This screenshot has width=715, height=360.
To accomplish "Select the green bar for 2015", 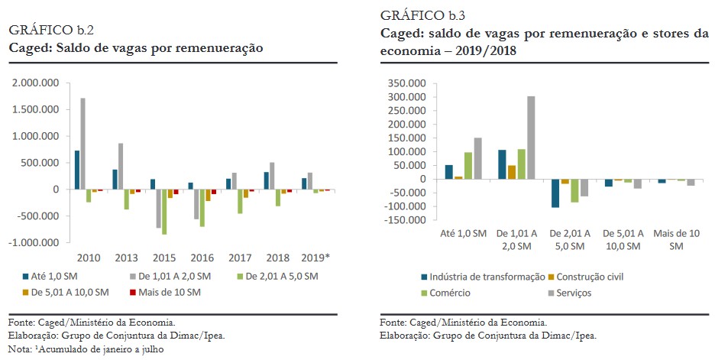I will pos(164,212).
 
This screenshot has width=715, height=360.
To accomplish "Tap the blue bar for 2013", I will pos(115,180).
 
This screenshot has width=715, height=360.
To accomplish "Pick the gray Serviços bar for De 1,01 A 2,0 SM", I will pos(531,138).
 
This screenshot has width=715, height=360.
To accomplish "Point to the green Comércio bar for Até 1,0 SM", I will pos(468,166).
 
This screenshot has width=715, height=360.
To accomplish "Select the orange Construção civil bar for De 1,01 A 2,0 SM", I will pos(513,172).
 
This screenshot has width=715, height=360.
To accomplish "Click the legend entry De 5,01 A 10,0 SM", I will pos(67,292).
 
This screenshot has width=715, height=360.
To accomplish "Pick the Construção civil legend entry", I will pos(594,277).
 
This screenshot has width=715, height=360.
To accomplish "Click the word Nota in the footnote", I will pos(19,349).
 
